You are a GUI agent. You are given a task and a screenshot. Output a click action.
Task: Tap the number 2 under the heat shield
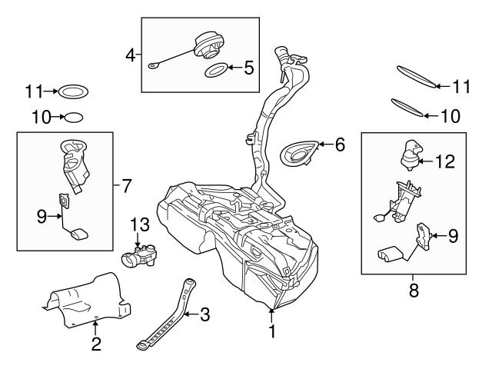96,344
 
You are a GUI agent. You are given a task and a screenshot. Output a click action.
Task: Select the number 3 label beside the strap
204,313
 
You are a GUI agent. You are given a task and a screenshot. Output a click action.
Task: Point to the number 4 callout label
130,55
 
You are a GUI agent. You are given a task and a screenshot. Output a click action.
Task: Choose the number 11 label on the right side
460,87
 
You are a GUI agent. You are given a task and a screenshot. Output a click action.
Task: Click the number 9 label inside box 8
453,236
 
